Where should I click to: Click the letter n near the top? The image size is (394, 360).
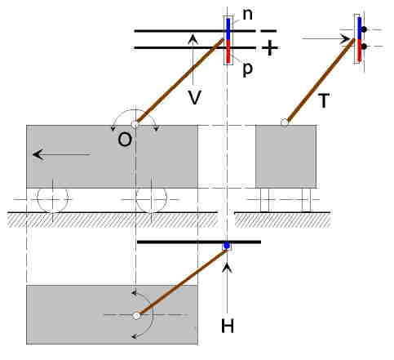tap(247, 15)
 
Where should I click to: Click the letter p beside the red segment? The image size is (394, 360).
tap(247, 69)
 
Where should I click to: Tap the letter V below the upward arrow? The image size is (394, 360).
tap(195, 97)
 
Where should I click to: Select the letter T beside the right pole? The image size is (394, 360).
tap(324, 100)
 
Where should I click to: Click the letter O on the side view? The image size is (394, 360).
tap(125, 140)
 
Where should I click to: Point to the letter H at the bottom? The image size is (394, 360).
tap(228, 326)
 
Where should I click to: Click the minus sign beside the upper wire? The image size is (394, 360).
tap(268, 31)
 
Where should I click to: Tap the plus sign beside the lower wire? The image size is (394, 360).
tap(269, 48)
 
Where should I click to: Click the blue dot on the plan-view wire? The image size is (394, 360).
tap(227, 246)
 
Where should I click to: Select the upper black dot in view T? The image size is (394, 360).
tap(364, 29)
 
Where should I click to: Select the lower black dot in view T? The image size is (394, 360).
tap(364, 47)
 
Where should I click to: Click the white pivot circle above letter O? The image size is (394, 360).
tap(135, 124)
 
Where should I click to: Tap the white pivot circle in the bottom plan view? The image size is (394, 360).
tap(137, 316)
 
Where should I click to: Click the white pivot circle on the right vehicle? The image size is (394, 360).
tap(285, 122)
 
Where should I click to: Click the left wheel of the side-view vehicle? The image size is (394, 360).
tap(52, 199)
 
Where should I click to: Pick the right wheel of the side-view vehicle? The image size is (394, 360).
tap(151, 199)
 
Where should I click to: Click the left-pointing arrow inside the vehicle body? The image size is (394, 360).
tap(61, 154)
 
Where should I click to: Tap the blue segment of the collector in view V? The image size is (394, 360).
tap(228, 29)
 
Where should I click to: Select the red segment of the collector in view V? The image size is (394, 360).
tap(228, 51)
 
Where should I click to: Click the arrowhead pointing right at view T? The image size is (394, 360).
tap(347, 39)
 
